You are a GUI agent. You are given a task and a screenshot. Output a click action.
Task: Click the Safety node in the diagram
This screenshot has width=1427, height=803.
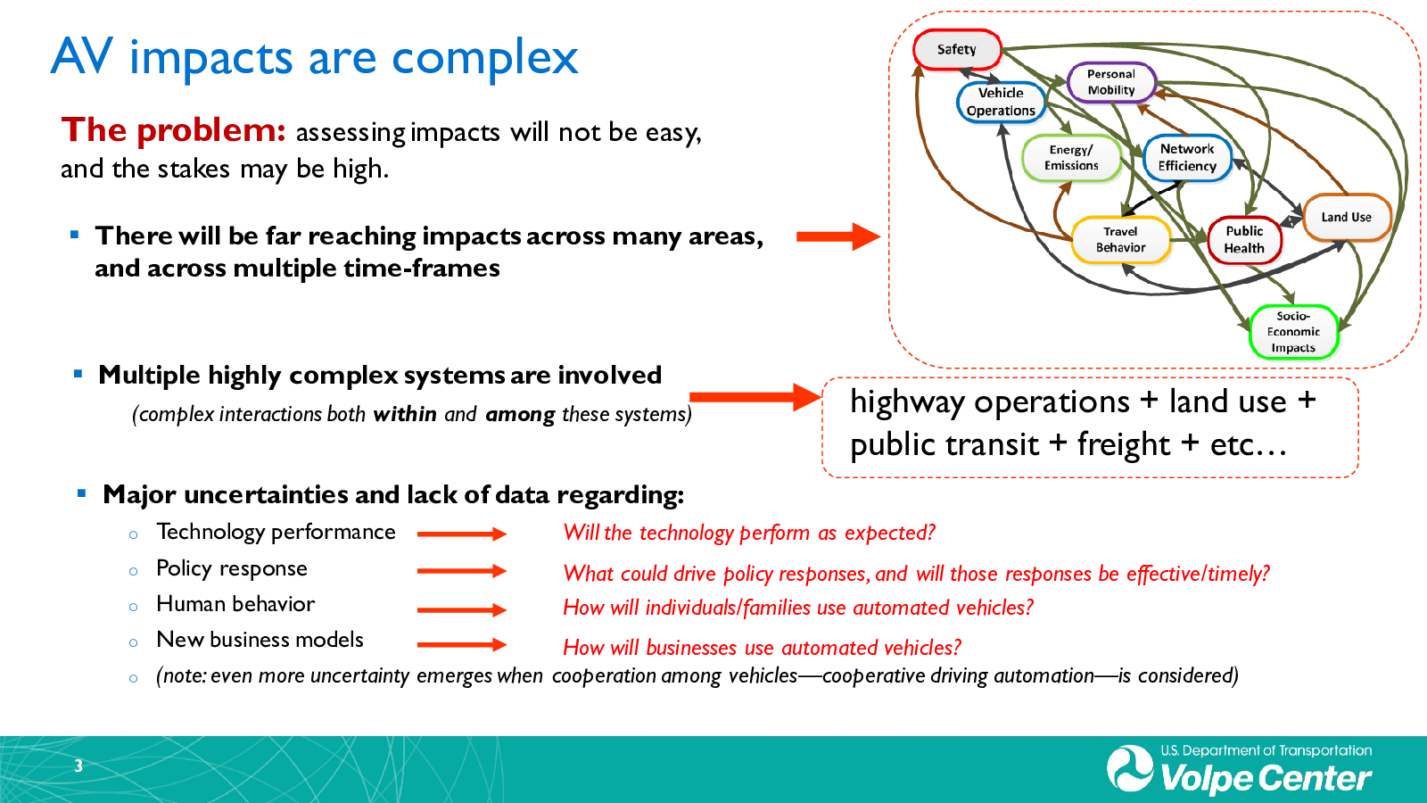pyautogui.click(x=957, y=50)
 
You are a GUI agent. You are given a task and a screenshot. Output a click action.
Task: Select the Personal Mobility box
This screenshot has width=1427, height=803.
pyautogui.click(x=1111, y=82)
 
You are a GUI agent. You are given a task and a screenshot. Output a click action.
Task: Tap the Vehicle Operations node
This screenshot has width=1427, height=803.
pyautogui.click(x=1001, y=102)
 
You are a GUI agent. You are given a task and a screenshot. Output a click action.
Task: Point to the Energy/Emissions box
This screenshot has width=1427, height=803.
pyautogui.click(x=1071, y=158)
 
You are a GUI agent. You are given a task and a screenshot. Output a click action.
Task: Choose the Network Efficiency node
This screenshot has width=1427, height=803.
pyautogui.click(x=1187, y=157)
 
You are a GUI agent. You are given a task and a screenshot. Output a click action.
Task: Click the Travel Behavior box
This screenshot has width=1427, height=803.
pyautogui.click(x=1120, y=240)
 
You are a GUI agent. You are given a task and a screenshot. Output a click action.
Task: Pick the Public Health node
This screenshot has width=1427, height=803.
pyautogui.click(x=1244, y=240)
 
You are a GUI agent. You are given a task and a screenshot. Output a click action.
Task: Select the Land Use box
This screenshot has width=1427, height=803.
pyautogui.click(x=1346, y=217)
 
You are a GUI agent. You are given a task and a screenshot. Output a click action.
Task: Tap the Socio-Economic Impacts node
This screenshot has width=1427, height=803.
pyautogui.click(x=1293, y=332)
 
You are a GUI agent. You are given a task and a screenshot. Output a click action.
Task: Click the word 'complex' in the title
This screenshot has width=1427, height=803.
pyautogui.click(x=485, y=58)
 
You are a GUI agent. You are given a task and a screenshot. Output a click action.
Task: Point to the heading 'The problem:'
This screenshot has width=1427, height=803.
pyautogui.click(x=174, y=130)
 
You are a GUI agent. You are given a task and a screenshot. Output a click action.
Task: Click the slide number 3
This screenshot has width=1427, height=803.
pyautogui.click(x=78, y=766)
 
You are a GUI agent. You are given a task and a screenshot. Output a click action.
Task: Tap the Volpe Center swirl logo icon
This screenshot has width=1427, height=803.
pyautogui.click(x=1130, y=768)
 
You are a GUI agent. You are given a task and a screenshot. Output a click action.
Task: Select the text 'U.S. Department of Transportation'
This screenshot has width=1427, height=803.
pyautogui.click(x=1266, y=750)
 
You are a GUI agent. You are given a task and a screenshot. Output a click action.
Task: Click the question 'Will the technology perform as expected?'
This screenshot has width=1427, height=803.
pyautogui.click(x=749, y=534)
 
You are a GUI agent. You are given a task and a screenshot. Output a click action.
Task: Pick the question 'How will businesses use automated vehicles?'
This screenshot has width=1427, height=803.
pyautogui.click(x=762, y=648)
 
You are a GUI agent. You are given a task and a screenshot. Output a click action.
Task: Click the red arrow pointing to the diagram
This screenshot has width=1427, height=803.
pyautogui.click(x=837, y=236)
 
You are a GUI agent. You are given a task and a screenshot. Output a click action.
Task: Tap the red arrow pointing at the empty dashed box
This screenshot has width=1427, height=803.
pyautogui.click(x=755, y=397)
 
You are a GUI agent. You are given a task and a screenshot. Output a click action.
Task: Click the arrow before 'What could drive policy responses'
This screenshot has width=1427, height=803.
pyautogui.click(x=461, y=571)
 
